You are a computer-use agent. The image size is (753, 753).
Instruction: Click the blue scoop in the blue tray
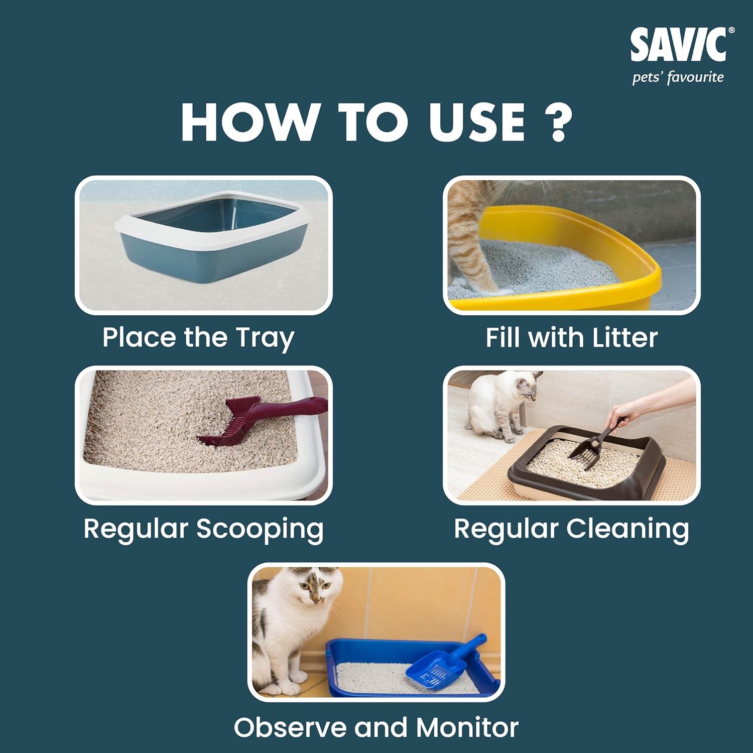pyautogui.click(x=444, y=661)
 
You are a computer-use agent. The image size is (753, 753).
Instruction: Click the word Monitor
pyautogui.click(x=467, y=727)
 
